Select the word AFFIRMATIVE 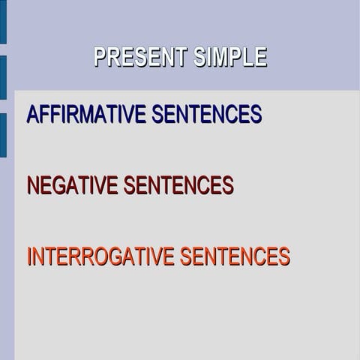pyautogui.click(x=85, y=115)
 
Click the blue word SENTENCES pyautogui.click(x=206, y=115)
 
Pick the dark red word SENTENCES pyautogui.click(x=178, y=185)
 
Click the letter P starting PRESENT pyautogui.click(x=100, y=57)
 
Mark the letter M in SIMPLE pyautogui.click(x=222, y=57)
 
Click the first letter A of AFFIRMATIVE pyautogui.click(x=33, y=115)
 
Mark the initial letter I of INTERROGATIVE pyautogui.click(x=29, y=256)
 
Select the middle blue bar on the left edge pyautogui.click(x=3, y=77)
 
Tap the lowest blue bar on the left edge pyautogui.click(x=3, y=135)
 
